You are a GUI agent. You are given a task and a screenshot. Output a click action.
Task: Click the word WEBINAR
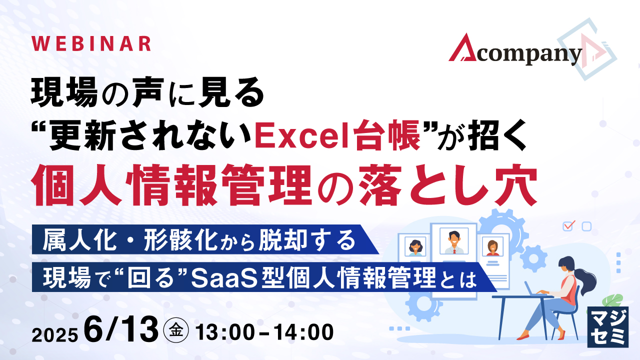pos(91,43)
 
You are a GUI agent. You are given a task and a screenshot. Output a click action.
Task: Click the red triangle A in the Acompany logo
pos(463,48)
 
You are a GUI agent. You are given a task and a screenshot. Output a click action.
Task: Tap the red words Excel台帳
pos(337,135)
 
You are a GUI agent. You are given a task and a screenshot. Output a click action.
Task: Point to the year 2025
pos(54,335)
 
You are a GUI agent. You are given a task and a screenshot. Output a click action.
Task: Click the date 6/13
pos(121,329)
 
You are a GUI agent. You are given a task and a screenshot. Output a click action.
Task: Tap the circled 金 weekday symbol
pos(175,331)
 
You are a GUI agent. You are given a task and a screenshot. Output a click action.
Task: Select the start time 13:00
pos(225,332)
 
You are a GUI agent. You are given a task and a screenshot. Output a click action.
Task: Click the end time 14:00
pos(303,332)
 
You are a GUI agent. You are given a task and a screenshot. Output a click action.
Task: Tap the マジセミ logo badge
pos(608,327)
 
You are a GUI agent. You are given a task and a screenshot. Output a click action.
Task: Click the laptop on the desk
pos(532,289)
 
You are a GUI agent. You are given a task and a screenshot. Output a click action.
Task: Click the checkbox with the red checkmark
pos(567,225)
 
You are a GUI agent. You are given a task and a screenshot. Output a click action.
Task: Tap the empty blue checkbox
pos(586,226)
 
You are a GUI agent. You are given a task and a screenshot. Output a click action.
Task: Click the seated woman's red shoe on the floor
pos(524,337)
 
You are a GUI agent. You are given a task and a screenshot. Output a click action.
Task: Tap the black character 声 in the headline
pos(148,92)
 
